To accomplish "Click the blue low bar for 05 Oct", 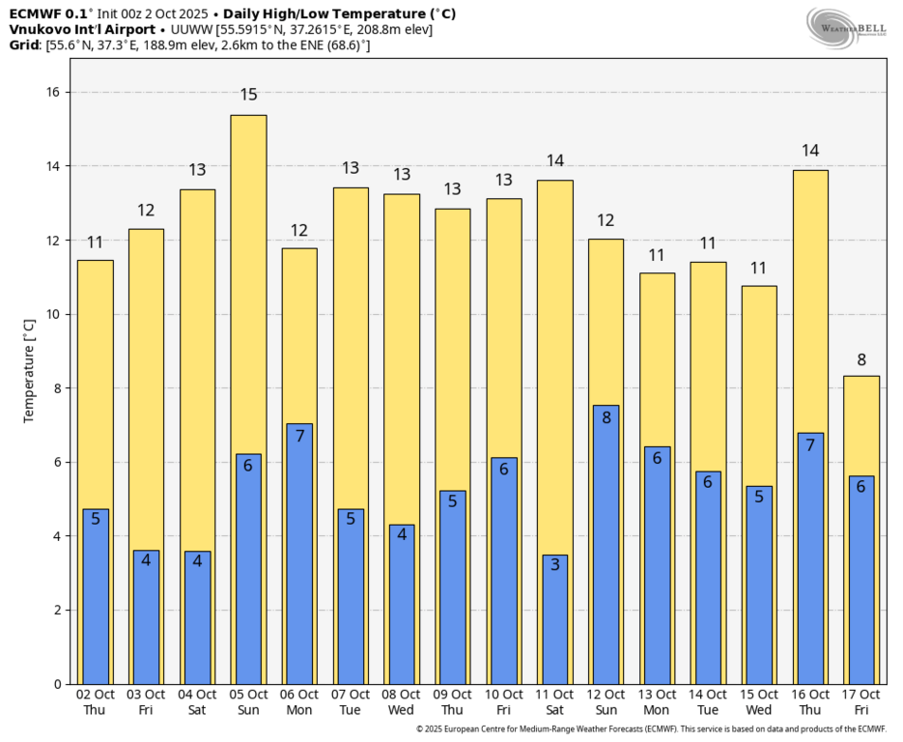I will point(248,570).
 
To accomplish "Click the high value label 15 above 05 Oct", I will point(248,95).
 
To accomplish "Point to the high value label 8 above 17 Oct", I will point(861,360).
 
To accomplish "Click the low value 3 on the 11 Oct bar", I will point(555,564).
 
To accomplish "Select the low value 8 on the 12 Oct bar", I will point(606,418).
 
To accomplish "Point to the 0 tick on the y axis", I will point(56,684).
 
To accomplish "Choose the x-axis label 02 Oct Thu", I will point(95,701).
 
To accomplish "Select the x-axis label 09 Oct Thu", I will point(453,701).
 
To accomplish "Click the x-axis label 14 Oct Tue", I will point(708,701).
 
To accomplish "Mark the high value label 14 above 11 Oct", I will point(555,161).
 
